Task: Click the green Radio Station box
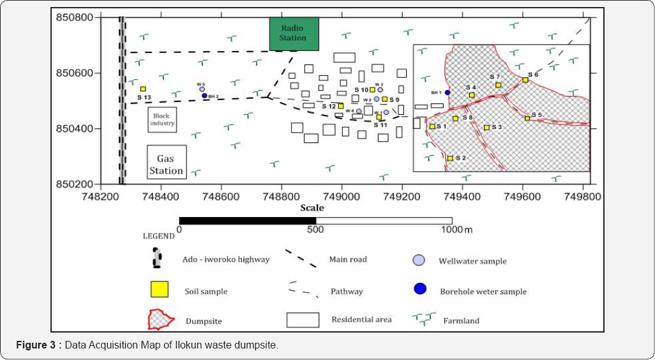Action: [x=293, y=33]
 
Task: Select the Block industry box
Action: [x=162, y=119]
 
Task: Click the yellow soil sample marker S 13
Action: [x=143, y=89]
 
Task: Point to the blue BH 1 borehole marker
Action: [x=448, y=93]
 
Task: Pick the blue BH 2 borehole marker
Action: [x=204, y=96]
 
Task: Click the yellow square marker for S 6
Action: [x=525, y=80]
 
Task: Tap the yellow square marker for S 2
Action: [x=450, y=158]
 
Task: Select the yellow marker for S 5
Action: [x=527, y=118]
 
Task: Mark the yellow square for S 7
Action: [x=498, y=85]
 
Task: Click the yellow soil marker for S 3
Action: [x=486, y=128]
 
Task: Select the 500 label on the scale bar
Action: [x=315, y=230]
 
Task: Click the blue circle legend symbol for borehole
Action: [x=419, y=289]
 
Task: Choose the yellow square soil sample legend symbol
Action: [x=160, y=289]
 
